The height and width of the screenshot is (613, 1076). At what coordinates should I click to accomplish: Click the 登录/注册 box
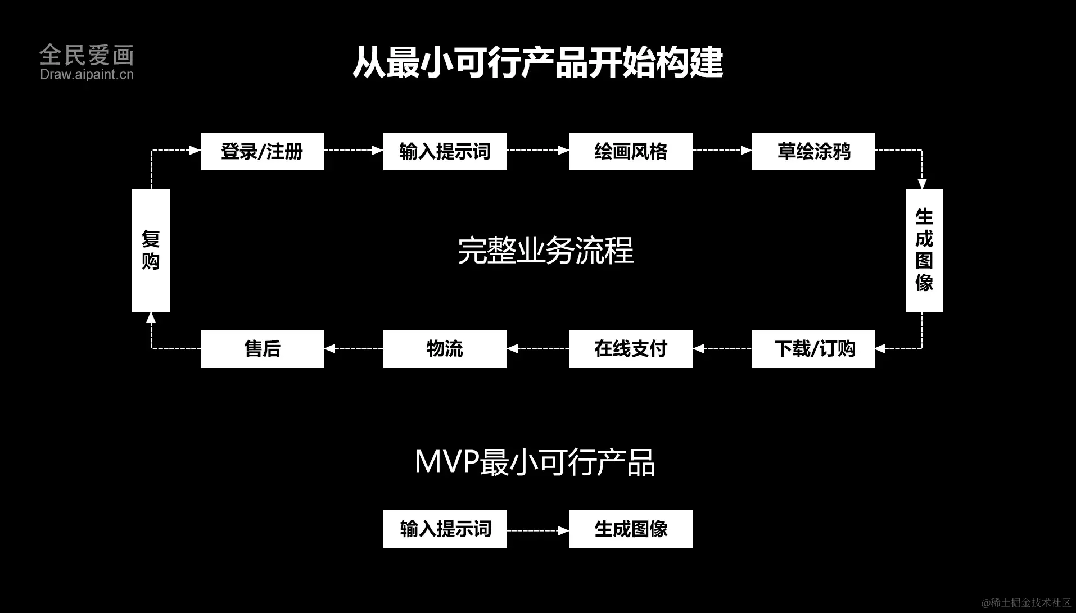(x=262, y=151)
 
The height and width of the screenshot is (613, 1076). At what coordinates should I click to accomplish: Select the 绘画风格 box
(x=630, y=151)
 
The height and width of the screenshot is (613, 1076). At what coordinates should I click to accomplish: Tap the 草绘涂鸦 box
(x=813, y=151)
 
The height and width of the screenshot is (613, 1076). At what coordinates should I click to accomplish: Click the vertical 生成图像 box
(x=924, y=250)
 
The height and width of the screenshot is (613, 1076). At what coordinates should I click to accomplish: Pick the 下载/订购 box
(x=813, y=349)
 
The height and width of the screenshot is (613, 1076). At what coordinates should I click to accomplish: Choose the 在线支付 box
(x=630, y=349)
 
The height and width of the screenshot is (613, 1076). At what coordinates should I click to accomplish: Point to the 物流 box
(x=445, y=349)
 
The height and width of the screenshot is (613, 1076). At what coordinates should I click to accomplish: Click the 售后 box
(x=262, y=349)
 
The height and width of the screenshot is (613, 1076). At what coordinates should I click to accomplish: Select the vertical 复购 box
(x=151, y=250)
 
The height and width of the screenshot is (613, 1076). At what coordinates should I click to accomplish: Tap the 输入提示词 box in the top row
(x=445, y=151)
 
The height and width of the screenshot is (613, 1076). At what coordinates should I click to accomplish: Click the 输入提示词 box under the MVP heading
(x=445, y=529)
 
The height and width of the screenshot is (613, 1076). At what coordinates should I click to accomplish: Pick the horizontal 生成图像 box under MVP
(x=630, y=529)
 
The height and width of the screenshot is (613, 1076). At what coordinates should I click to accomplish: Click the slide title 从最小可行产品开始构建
(x=537, y=62)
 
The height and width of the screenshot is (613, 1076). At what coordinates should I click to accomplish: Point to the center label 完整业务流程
(x=545, y=251)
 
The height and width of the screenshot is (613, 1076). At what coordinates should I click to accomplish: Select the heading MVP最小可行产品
(x=535, y=462)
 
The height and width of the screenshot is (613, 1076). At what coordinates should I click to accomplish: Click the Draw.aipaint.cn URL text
(x=87, y=74)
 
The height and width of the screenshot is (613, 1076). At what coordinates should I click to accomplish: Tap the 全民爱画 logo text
(x=87, y=55)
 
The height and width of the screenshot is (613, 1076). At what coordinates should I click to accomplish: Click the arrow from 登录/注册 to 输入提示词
(x=354, y=151)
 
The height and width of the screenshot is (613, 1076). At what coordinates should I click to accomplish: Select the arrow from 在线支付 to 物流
(x=537, y=349)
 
